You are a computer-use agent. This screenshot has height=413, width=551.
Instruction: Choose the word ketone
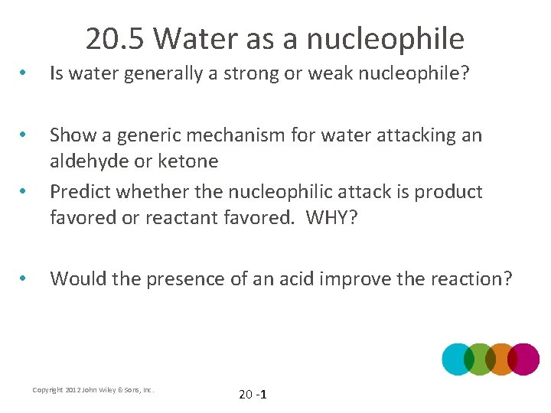193,161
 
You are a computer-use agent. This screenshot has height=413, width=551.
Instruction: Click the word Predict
82,191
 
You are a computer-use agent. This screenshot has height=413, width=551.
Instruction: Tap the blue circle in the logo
458,359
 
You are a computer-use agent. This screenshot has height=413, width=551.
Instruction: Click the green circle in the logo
480,359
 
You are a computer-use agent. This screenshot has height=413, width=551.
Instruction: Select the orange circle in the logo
502,359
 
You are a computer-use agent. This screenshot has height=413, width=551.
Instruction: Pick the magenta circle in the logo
524,359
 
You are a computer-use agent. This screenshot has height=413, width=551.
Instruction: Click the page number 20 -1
252,395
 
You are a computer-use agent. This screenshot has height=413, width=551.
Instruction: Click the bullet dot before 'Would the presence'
25,278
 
